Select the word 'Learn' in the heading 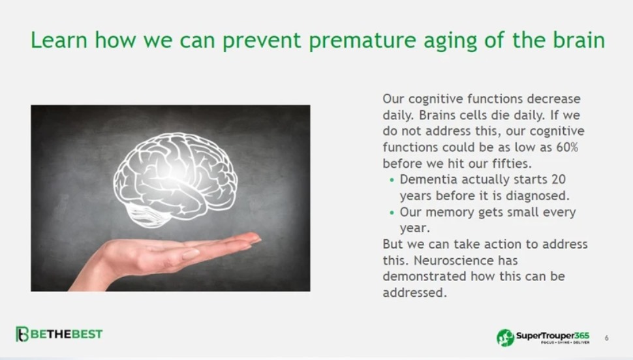(x=59, y=40)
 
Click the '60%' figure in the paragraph (x=567, y=147)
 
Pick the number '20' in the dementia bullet (x=559, y=179)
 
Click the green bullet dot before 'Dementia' (x=392, y=181)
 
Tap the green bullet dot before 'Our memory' (x=392, y=213)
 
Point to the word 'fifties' (x=512, y=164)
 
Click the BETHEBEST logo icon (x=22, y=334)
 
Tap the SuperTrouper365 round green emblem (x=505, y=337)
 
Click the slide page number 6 (x=606, y=338)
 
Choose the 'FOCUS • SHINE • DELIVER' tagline (x=565, y=342)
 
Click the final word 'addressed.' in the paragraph (x=414, y=293)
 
